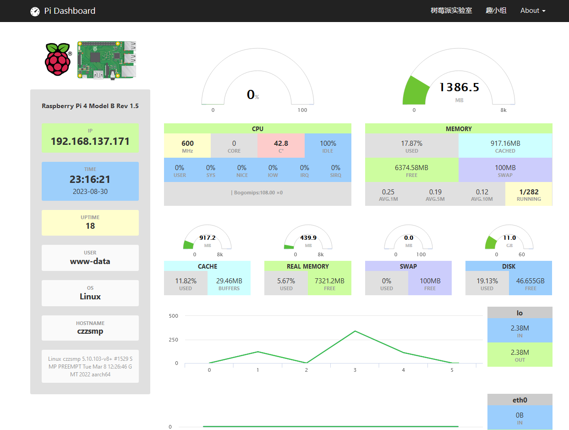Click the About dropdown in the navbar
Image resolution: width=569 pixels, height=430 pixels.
pyautogui.click(x=533, y=11)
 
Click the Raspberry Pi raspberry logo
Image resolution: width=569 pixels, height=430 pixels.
pyautogui.click(x=58, y=59)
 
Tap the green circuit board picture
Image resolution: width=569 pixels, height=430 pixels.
pyautogui.click(x=107, y=60)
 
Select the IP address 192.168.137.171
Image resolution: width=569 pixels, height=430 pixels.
pyautogui.click(x=90, y=141)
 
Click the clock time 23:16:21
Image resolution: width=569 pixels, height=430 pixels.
pyautogui.click(x=90, y=179)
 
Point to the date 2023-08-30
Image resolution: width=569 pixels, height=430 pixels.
pyautogui.click(x=90, y=192)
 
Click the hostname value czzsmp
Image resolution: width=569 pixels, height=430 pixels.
pyautogui.click(x=90, y=331)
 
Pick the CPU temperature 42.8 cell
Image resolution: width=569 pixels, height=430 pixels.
pyautogui.click(x=281, y=146)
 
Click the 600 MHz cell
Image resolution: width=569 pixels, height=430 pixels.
pyautogui.click(x=187, y=146)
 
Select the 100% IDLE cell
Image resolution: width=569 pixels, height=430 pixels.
pyautogui.click(x=328, y=146)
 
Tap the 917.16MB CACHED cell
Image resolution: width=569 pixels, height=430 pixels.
pyautogui.click(x=505, y=146)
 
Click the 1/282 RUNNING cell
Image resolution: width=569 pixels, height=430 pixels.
pyautogui.click(x=529, y=194)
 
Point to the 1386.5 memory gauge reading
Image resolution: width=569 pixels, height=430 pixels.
pyautogui.click(x=459, y=88)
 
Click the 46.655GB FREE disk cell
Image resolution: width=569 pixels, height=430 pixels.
pyautogui.click(x=531, y=283)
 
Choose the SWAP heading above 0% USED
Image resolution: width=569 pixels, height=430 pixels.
pyautogui.click(x=408, y=266)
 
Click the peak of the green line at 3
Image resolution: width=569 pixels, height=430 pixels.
pyautogui.click(x=355, y=331)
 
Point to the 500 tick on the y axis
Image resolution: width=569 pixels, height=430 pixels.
pyautogui.click(x=174, y=316)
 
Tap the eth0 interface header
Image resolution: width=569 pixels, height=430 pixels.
pyautogui.click(x=520, y=400)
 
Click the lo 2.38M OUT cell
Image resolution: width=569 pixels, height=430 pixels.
pyautogui.click(x=520, y=355)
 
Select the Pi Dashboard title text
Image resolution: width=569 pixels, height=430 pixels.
pyautogui.click(x=70, y=11)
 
